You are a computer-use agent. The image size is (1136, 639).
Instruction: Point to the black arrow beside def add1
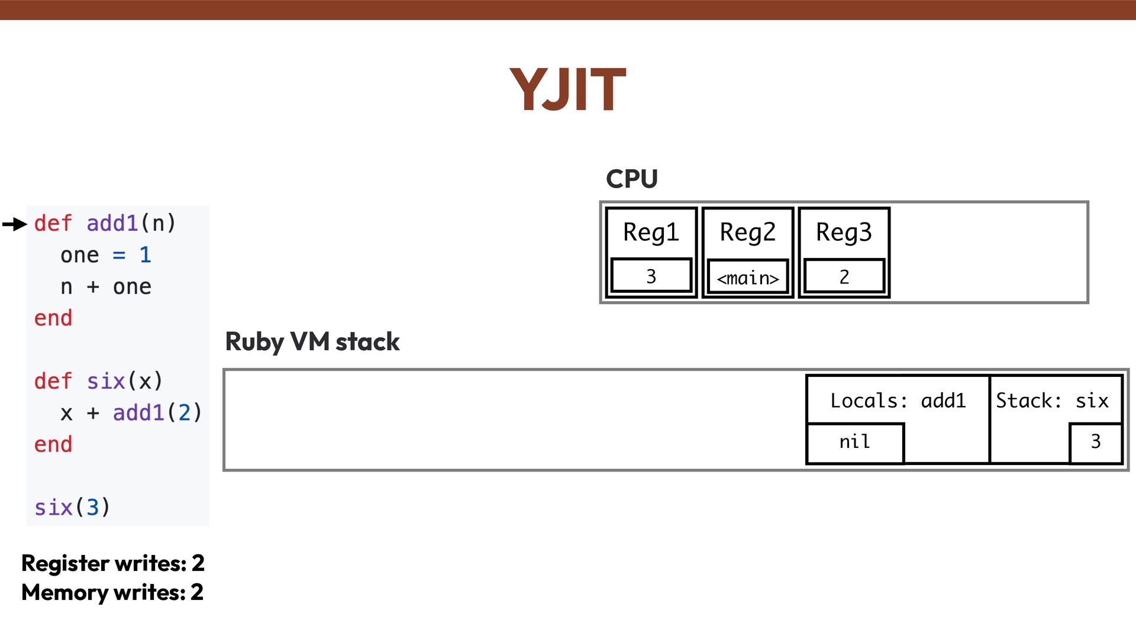pos(15,224)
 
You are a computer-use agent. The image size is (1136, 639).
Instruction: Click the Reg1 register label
pos(651,232)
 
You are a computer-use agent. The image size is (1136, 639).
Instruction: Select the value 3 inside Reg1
pos(651,276)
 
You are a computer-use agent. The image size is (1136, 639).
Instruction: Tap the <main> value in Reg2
pos(747,277)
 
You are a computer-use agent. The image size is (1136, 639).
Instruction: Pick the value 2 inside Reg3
pos(844,276)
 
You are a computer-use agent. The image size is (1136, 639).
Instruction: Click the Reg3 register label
pos(844,232)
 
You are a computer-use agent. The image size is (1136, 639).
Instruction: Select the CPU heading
pos(631,179)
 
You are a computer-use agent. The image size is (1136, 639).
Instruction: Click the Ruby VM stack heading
pos(312,342)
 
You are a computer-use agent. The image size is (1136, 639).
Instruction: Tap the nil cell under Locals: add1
pos(855,442)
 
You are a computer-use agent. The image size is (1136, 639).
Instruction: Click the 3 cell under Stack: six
pos(1095,442)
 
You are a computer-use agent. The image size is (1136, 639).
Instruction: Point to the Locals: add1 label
pos(898,401)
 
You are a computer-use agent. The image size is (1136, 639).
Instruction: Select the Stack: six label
pos(1052,401)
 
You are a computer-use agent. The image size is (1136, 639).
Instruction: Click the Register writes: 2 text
pos(113,563)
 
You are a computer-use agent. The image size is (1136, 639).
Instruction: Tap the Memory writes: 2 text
pos(112,592)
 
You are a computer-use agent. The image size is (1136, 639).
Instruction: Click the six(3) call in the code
pos(72,507)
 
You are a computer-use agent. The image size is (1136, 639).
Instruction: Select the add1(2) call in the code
pos(157,412)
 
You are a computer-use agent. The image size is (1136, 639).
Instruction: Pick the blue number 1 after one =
pos(145,255)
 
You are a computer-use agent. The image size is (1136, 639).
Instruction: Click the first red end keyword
pos(53,318)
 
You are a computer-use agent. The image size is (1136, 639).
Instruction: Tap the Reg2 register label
pos(747,232)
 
